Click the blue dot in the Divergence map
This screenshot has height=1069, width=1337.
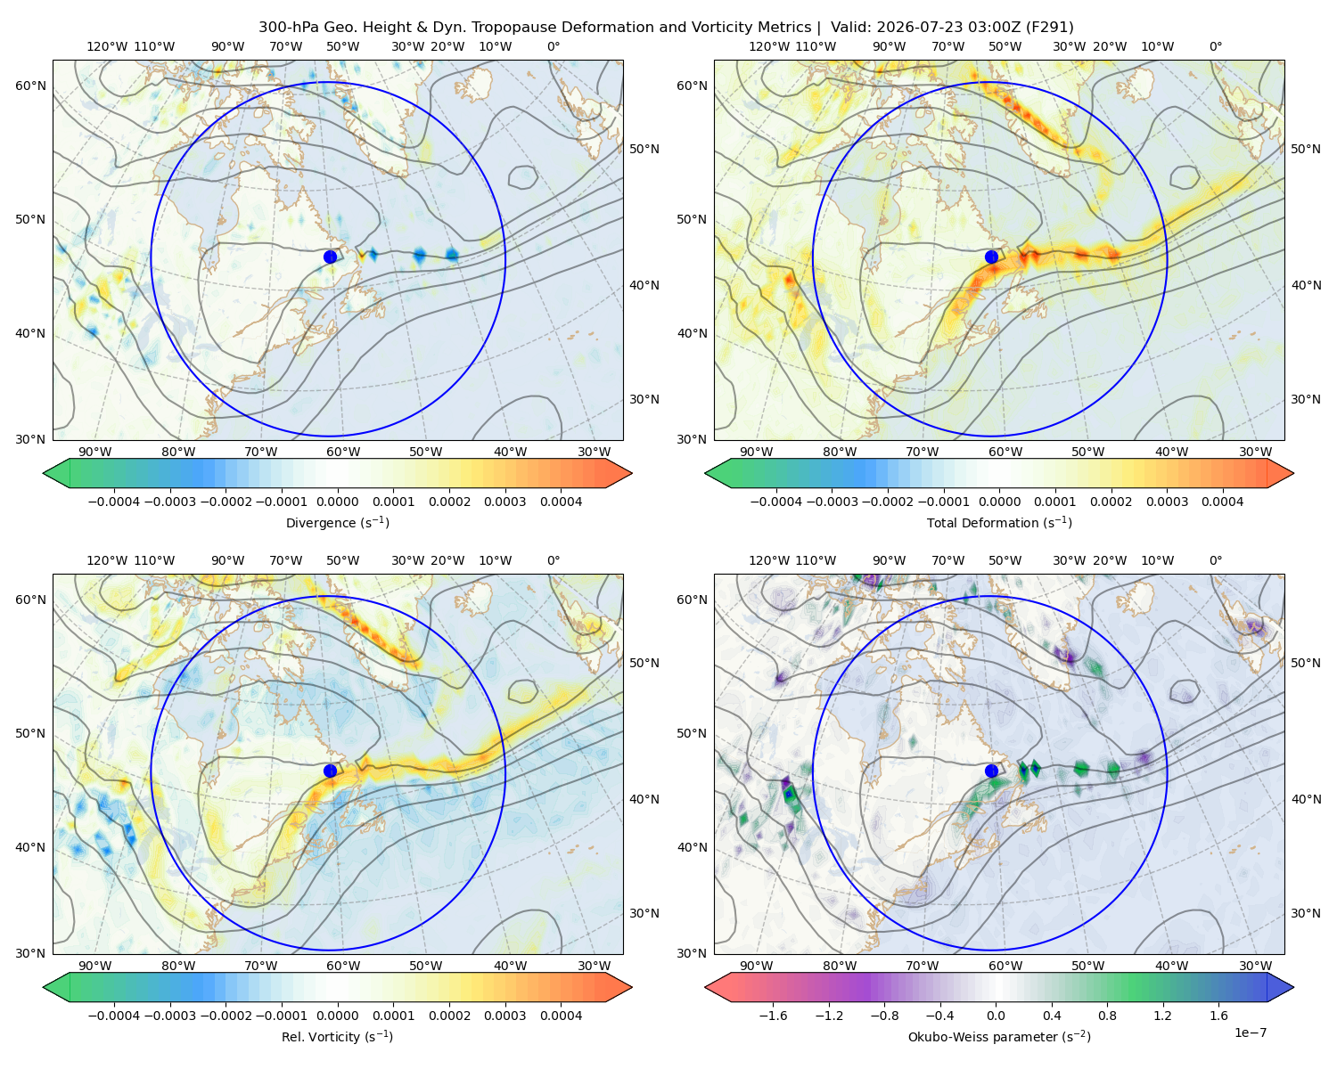[330, 257]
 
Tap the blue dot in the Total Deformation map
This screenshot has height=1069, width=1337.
[991, 257]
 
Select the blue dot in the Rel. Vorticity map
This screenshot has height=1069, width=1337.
[330, 771]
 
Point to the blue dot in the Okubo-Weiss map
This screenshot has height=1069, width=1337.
[991, 771]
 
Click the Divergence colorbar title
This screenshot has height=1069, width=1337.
[337, 522]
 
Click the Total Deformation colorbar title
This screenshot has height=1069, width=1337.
[999, 522]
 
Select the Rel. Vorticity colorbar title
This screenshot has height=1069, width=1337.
[337, 1036]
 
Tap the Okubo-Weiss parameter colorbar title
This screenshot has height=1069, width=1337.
[999, 1036]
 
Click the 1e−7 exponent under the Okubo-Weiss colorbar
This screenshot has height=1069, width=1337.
[1250, 1032]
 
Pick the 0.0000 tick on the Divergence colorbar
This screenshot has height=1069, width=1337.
[337, 502]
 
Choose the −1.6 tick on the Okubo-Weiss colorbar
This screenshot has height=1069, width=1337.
[773, 1016]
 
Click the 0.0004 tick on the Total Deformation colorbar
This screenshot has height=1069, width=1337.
[1223, 502]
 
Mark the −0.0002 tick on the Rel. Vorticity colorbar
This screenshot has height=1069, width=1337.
[226, 1016]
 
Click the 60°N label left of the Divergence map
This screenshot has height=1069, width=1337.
[30, 86]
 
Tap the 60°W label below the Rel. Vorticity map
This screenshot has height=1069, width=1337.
[343, 966]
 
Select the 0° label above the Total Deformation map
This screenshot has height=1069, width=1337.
[1215, 46]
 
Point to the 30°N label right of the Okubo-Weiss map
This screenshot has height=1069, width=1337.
[1305, 913]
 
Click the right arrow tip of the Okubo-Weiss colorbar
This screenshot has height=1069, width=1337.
[1293, 987]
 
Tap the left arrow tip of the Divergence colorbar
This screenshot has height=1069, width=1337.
[44, 473]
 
